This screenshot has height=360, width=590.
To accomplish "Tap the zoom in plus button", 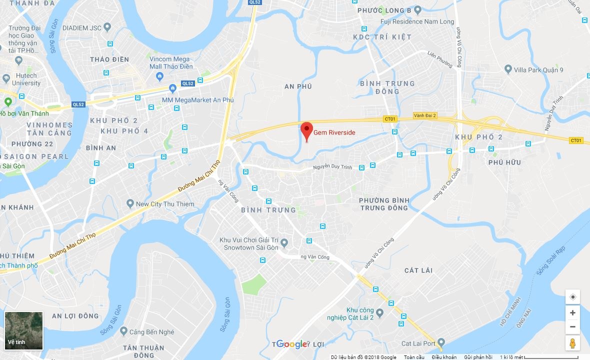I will (x=572, y=313).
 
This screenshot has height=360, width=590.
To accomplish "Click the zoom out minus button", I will (x=572, y=327).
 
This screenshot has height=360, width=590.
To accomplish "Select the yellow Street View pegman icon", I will (x=572, y=343).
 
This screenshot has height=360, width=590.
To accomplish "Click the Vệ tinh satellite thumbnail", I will (x=23, y=330).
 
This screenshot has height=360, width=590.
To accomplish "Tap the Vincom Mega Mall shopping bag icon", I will (x=160, y=76).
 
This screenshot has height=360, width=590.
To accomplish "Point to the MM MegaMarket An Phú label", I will (x=197, y=100).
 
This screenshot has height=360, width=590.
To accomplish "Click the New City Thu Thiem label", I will (x=165, y=204).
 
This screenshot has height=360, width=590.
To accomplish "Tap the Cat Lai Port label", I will (x=418, y=343).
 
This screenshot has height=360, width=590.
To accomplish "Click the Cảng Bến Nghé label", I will (x=151, y=332).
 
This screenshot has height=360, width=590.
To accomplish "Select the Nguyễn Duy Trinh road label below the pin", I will (x=333, y=167).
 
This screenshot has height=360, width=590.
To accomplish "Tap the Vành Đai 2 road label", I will (x=425, y=115).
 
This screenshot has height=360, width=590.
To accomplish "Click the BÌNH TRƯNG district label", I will (x=268, y=210).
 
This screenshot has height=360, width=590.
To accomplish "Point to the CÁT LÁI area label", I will (x=418, y=270).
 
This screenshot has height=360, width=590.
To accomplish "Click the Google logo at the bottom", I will (x=291, y=344).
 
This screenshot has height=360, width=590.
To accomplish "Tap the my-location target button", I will (x=572, y=297).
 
